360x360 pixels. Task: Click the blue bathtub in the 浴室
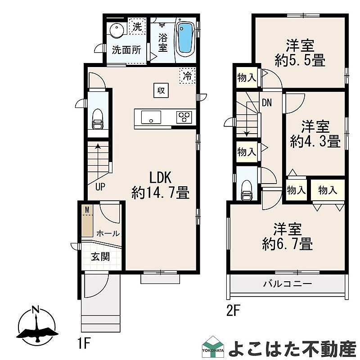tap(185, 39)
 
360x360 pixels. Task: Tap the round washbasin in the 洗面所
tap(117, 30)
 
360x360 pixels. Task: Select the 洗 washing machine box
tap(138, 26)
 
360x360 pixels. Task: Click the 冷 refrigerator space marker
tap(188, 76)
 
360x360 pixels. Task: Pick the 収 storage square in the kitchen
tap(161, 90)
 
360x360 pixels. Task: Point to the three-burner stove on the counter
tap(184, 117)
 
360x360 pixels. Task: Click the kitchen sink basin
tap(151, 117)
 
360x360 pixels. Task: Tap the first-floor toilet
tap(98, 119)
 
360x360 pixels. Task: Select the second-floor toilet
tap(247, 190)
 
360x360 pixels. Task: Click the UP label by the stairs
tap(100, 187)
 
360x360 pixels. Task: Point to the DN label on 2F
tap(267, 103)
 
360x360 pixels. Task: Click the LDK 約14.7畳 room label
tap(161, 185)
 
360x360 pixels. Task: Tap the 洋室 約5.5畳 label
tap(300, 53)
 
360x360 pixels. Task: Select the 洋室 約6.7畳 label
tap(288, 237)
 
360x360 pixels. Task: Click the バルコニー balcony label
tap(288, 284)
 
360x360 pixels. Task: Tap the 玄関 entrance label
tap(100, 256)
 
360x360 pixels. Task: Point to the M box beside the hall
tap(87, 210)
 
